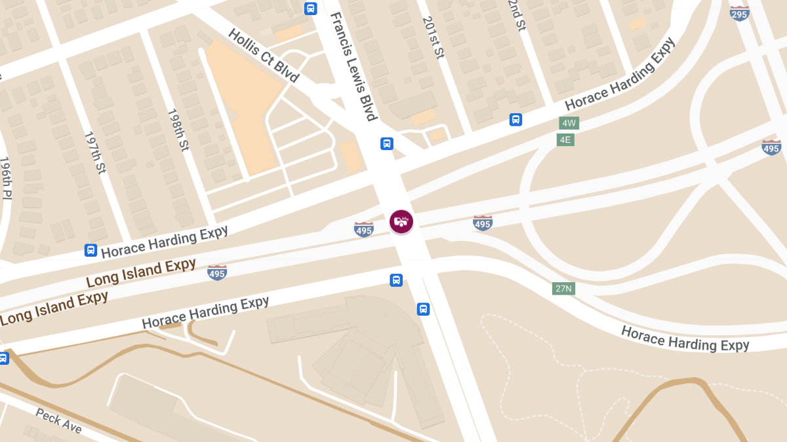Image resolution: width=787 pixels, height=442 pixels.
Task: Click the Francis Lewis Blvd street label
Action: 353,67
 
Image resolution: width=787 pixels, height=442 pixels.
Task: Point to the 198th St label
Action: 178,130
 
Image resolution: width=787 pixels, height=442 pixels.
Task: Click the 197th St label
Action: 94,153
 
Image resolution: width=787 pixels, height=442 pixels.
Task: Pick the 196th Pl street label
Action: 5,177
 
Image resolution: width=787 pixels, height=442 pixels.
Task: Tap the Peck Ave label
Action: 59,420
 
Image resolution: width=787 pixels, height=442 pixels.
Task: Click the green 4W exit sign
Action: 569,123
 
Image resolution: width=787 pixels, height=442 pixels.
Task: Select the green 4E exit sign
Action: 565,139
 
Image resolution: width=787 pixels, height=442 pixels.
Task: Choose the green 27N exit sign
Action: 563,289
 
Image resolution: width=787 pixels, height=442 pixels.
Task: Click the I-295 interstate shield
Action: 740,12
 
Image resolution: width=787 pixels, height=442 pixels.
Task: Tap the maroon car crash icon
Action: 401,221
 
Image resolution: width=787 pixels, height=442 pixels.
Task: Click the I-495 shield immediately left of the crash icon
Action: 364,229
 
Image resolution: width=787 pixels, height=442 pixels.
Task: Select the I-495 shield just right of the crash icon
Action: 483,223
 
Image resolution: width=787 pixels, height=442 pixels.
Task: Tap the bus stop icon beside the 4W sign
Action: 516,120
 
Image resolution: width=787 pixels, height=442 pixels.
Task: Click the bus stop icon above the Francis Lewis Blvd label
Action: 310,9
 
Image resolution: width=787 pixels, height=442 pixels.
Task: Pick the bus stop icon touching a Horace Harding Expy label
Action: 91,250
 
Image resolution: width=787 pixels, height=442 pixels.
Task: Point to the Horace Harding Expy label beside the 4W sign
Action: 619,75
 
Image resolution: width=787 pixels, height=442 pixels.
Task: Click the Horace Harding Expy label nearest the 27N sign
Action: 685,338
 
